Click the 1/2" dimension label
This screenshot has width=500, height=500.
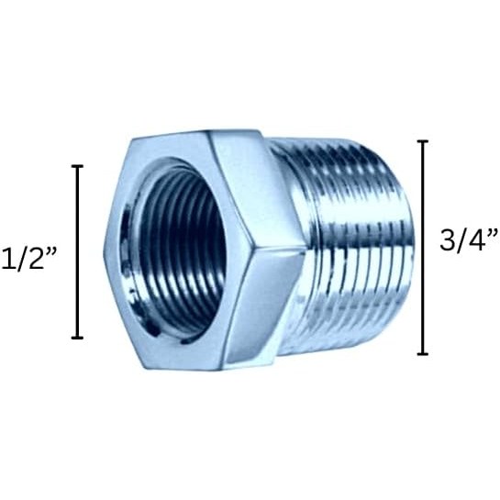pyautogui.click(x=28, y=258)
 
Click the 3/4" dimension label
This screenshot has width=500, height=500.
pyautogui.click(x=468, y=239)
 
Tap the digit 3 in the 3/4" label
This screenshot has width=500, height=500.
pyautogui.click(x=448, y=239)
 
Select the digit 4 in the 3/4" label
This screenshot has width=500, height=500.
pyautogui.click(x=478, y=239)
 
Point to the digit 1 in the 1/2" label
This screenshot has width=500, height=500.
pyautogui.click(x=7, y=259)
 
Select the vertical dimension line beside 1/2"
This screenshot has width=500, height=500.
pyautogui.click(x=77, y=252)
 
